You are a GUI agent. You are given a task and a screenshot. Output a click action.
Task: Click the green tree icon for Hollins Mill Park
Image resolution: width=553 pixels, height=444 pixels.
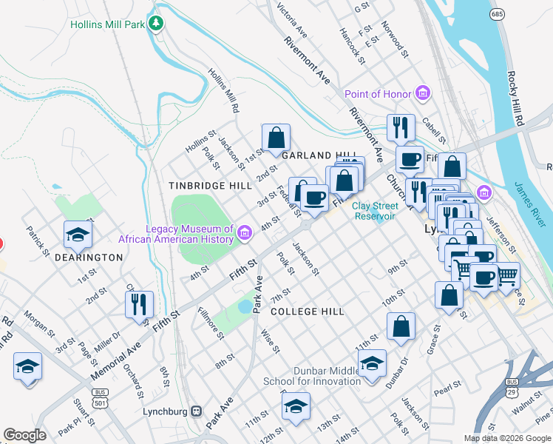155,24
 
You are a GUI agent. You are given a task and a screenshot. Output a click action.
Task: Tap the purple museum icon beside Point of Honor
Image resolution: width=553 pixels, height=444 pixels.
423,94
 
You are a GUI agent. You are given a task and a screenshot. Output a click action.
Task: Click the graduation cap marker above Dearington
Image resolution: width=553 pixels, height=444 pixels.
78,235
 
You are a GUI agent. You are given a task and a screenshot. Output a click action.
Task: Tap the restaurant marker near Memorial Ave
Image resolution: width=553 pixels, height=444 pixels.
139,303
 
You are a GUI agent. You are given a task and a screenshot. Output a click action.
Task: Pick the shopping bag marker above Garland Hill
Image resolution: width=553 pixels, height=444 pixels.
276,137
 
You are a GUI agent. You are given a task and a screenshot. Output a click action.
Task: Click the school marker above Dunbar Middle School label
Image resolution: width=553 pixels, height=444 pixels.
373,363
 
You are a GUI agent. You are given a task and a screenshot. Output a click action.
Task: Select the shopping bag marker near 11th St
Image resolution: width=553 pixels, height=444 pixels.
401,326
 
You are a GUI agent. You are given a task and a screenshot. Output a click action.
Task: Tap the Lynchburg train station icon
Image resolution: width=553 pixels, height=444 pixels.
197,411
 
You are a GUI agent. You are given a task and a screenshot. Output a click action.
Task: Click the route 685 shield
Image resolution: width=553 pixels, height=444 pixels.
498,14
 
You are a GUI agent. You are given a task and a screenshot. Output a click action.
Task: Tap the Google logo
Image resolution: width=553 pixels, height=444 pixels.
24,435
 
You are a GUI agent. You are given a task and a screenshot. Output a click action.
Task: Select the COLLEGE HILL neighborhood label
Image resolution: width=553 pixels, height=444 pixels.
307,312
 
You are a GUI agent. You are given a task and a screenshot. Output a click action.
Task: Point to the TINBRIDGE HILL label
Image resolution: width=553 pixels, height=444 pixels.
209,185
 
